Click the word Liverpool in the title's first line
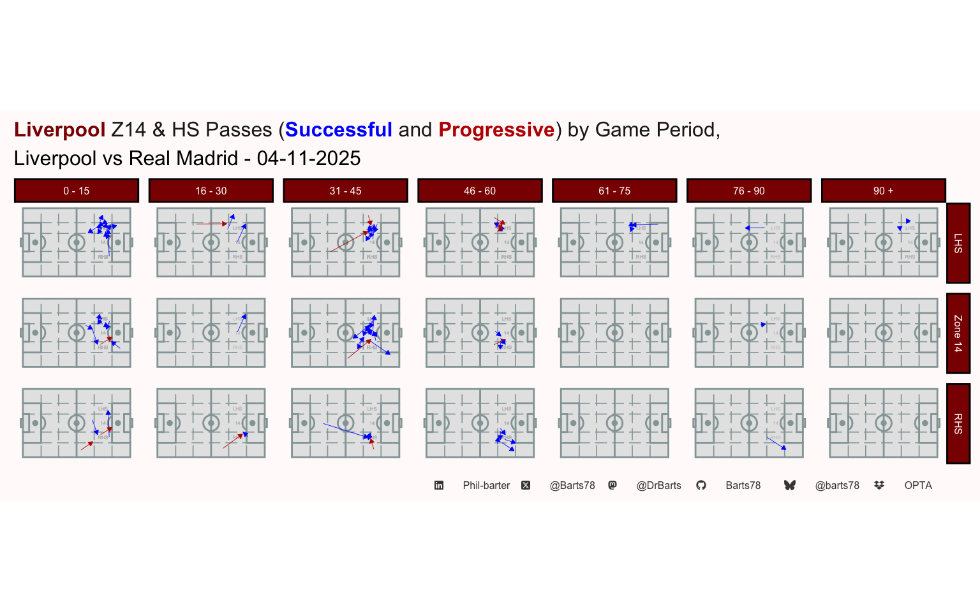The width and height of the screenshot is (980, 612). click(59, 130)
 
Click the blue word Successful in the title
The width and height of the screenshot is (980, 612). click(338, 130)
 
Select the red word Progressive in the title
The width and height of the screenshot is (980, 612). click(496, 130)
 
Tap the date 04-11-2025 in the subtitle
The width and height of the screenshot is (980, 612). click(309, 158)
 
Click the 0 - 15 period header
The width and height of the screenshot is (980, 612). click(77, 191)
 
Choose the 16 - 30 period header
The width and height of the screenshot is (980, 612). click(211, 191)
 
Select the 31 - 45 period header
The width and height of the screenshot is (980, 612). click(346, 191)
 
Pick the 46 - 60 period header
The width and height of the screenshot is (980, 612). click(480, 191)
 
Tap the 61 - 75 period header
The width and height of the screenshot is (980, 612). click(614, 191)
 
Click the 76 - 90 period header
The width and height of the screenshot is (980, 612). click(749, 191)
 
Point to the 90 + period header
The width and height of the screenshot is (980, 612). click(883, 191)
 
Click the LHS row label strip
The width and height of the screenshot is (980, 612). click(958, 243)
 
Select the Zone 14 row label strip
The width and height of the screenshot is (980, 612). click(958, 333)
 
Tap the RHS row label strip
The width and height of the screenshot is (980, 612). click(958, 423)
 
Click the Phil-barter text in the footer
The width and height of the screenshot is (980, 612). click(486, 486)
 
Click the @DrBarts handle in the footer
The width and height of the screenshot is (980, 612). click(658, 486)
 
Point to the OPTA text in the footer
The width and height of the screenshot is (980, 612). click(918, 486)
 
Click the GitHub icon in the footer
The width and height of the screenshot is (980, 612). click(701, 486)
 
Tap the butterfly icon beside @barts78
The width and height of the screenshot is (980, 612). click(790, 486)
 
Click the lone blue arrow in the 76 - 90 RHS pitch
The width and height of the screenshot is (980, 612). click(776, 443)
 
